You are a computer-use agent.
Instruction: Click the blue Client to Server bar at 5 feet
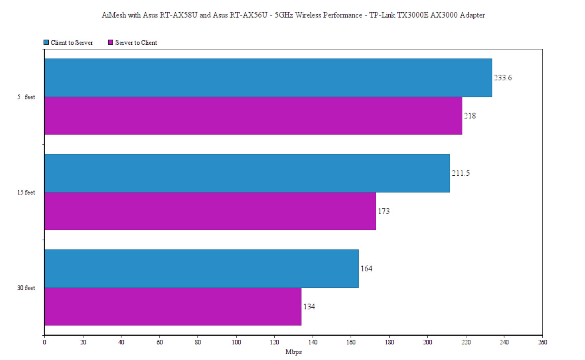[268, 78]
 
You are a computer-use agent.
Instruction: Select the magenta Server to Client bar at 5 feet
[253, 116]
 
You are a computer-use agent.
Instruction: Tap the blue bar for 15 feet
[247, 173]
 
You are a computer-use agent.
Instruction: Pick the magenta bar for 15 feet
[210, 211]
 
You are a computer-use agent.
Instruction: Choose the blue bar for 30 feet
[201, 268]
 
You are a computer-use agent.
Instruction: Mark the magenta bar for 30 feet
[173, 306]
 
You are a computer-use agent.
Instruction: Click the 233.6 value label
[503, 78]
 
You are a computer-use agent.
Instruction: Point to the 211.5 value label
[461, 173]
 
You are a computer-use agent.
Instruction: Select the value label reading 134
[309, 307]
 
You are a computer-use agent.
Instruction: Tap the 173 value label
[384, 211]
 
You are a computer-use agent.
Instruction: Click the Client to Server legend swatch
[46, 42]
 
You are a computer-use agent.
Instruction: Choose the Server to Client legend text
[136, 43]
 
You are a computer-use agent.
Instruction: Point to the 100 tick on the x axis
[236, 342]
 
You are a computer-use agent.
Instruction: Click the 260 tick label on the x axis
[542, 342]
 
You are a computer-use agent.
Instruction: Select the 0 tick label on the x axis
[45, 342]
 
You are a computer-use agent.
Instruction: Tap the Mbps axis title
[293, 352]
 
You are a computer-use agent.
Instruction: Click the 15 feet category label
[26, 192]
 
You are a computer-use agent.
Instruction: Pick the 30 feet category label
[26, 288]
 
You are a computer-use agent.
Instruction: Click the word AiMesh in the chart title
[114, 15]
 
